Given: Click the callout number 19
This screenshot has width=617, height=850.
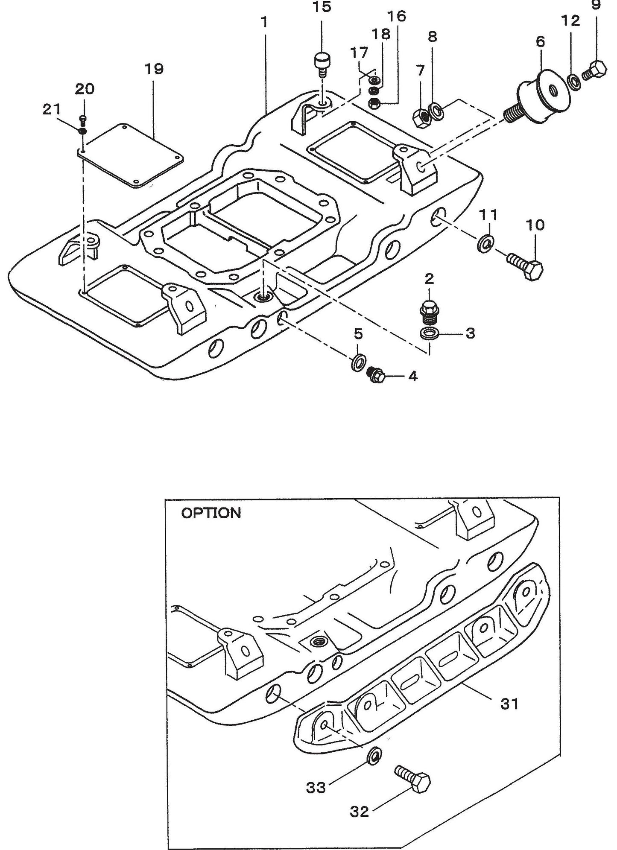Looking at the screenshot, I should (x=154, y=69).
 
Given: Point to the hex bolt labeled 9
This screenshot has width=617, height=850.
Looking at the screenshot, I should (x=598, y=70).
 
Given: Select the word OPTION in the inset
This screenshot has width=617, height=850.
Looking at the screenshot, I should (x=211, y=513).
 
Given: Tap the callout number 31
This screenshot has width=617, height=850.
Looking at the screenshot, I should (x=509, y=703).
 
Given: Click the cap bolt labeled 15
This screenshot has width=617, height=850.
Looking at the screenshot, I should (x=322, y=62).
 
